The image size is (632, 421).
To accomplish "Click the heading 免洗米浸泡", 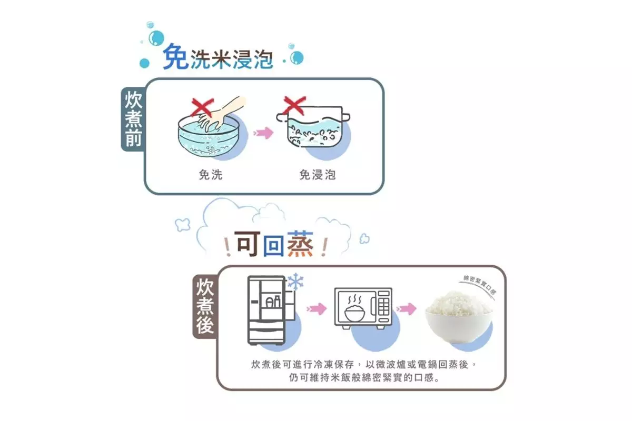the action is (218, 57).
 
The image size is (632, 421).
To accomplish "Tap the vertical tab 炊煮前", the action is (133, 119).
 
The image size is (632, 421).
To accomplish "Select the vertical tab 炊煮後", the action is (205, 306).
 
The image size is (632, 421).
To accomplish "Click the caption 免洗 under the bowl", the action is (211, 175).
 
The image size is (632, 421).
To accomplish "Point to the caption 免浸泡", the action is (318, 175).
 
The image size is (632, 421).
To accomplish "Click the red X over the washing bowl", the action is (202, 107).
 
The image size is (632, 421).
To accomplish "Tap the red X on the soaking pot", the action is (294, 105).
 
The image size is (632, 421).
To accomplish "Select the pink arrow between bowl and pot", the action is (263, 133).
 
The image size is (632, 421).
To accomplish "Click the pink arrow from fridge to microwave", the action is (317, 308).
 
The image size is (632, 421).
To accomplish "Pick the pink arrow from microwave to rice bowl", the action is (406, 308).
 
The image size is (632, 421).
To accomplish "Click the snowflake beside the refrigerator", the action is (295, 282).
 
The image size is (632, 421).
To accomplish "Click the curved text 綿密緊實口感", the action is (480, 284).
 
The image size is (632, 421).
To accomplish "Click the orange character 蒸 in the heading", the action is (300, 244).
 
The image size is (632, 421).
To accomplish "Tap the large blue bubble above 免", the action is (156, 38).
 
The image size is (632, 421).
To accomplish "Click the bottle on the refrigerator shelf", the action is (277, 302).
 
